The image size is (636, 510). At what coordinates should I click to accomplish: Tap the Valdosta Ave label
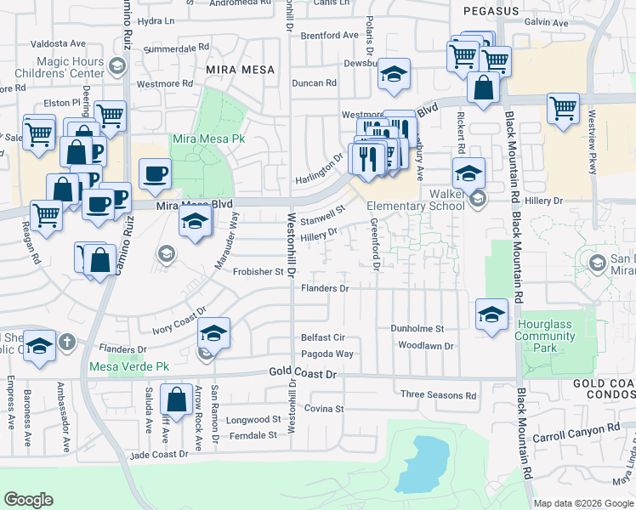(60, 42)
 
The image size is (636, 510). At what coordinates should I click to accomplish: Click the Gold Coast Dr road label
(303, 373)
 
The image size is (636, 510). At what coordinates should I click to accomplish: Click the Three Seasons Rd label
(439, 395)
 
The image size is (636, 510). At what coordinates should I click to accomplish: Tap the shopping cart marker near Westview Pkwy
(563, 109)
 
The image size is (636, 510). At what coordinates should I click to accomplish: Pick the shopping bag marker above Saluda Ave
(176, 399)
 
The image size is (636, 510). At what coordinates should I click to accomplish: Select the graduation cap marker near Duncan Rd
(394, 74)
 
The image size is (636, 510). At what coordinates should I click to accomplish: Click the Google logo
(28, 500)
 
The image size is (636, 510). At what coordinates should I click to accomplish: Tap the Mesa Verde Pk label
(128, 368)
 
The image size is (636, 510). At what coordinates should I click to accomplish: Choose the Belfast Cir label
(322, 337)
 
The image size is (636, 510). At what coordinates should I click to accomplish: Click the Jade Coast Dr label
(158, 454)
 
